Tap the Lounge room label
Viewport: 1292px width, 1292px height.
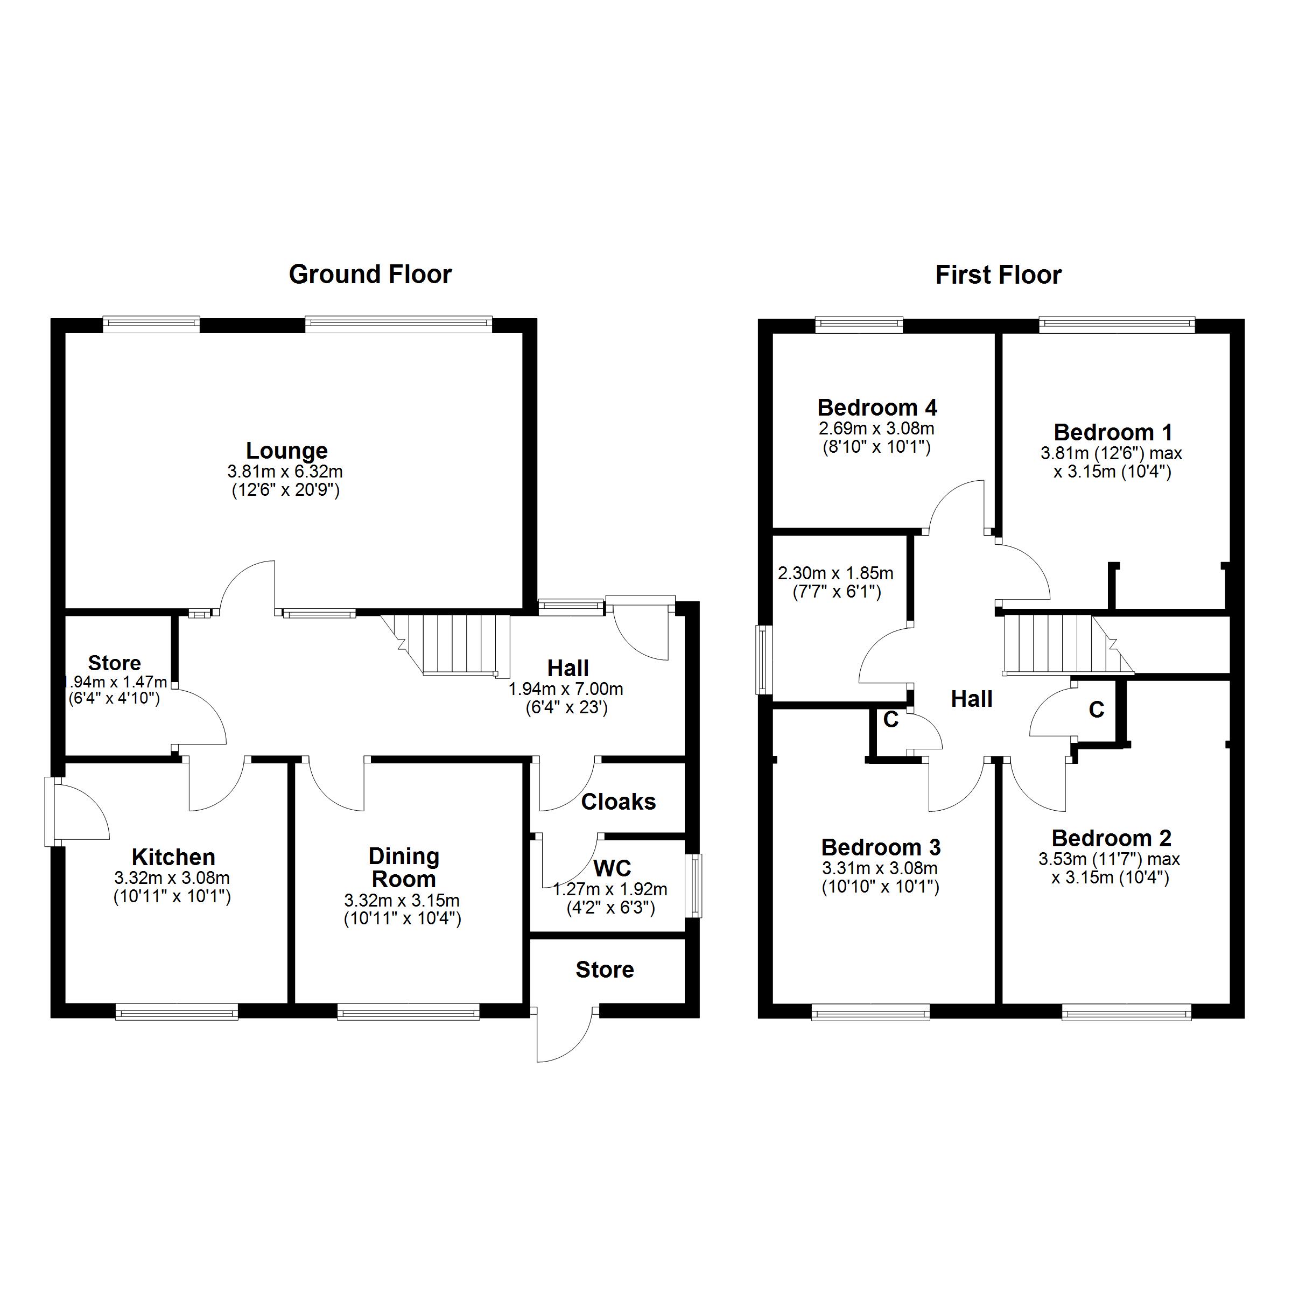pyautogui.click(x=286, y=451)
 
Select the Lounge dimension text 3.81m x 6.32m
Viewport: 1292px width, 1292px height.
pyautogui.click(x=285, y=472)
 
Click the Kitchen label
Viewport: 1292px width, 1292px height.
pyautogui.click(x=173, y=856)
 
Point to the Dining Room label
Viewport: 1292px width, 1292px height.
pyautogui.click(x=403, y=867)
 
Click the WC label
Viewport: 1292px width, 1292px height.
pyautogui.click(x=612, y=868)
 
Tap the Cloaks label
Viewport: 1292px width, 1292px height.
pyautogui.click(x=618, y=802)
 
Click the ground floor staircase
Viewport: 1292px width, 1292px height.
pyautogui.click(x=455, y=644)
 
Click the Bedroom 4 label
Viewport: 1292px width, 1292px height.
pyautogui.click(x=877, y=408)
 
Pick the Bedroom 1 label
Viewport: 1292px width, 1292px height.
pyautogui.click(x=1113, y=432)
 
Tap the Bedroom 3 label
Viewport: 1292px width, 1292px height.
pyautogui.click(x=881, y=847)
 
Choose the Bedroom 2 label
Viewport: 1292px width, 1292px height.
pyautogui.click(x=1112, y=838)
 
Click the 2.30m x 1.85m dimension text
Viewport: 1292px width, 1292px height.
pyautogui.click(x=835, y=573)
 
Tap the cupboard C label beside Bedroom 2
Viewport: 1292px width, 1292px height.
pyautogui.click(x=1096, y=710)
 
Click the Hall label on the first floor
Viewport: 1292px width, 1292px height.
pyautogui.click(x=971, y=699)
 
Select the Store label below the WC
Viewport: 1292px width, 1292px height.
pyautogui.click(x=605, y=970)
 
